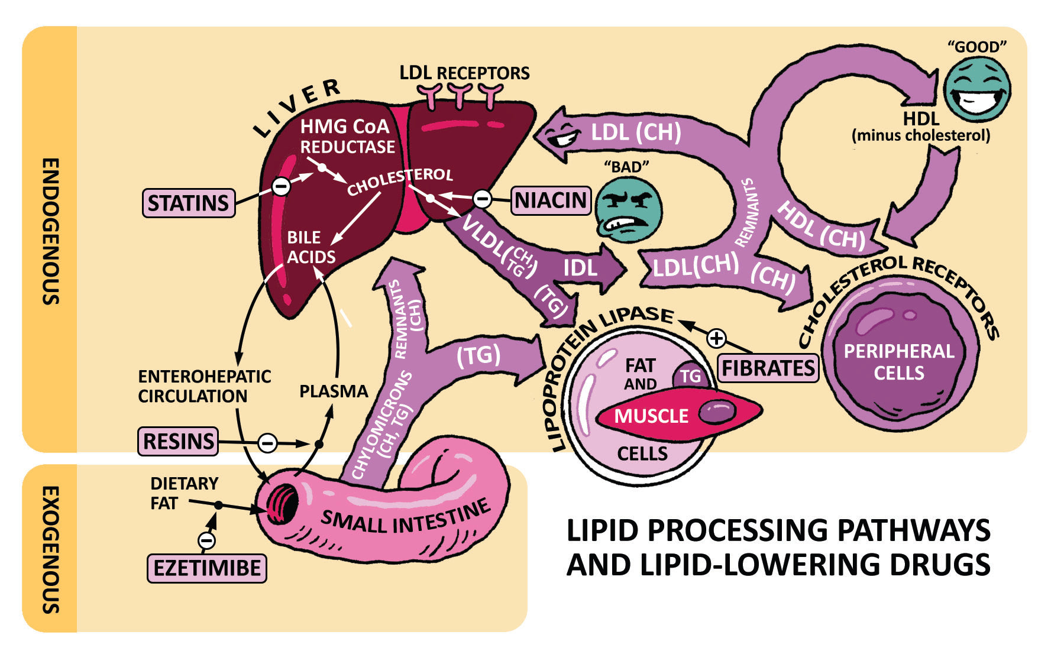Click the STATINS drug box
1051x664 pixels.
click(x=188, y=203)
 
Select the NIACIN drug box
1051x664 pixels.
click(x=551, y=200)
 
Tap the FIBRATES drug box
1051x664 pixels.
click(x=768, y=368)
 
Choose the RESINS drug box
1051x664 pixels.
click(x=178, y=441)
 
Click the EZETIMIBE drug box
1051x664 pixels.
click(x=206, y=568)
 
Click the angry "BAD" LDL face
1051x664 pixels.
click(x=628, y=210)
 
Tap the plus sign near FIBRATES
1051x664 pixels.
click(x=716, y=338)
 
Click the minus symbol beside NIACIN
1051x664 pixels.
click(x=483, y=199)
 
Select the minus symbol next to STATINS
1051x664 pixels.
click(x=281, y=186)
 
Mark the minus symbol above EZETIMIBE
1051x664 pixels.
click(x=206, y=540)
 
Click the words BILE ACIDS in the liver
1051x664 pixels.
click(x=311, y=247)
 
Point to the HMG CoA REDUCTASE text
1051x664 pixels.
click(x=347, y=137)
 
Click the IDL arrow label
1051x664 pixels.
click(x=580, y=268)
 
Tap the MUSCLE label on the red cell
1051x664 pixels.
click(x=651, y=416)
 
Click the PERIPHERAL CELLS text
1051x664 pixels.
click(x=898, y=362)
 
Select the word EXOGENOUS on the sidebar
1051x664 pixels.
click(x=51, y=549)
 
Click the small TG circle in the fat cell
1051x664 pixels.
click(x=690, y=376)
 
